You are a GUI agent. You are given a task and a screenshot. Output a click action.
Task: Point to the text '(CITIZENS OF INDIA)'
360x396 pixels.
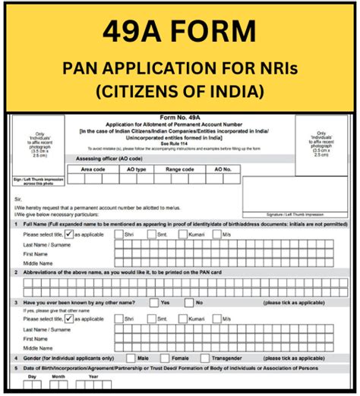[x=179, y=92]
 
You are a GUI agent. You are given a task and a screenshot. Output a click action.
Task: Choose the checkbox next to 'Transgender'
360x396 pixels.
[x=203, y=357]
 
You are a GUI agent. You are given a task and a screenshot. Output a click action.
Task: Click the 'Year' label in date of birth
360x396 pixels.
[x=93, y=376]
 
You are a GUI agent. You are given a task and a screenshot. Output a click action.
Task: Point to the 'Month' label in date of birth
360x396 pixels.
[x=60, y=376]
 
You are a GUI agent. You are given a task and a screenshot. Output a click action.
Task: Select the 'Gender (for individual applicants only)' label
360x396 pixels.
[x=69, y=357]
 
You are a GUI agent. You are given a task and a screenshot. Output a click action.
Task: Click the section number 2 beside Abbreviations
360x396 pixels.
[x=15, y=271]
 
